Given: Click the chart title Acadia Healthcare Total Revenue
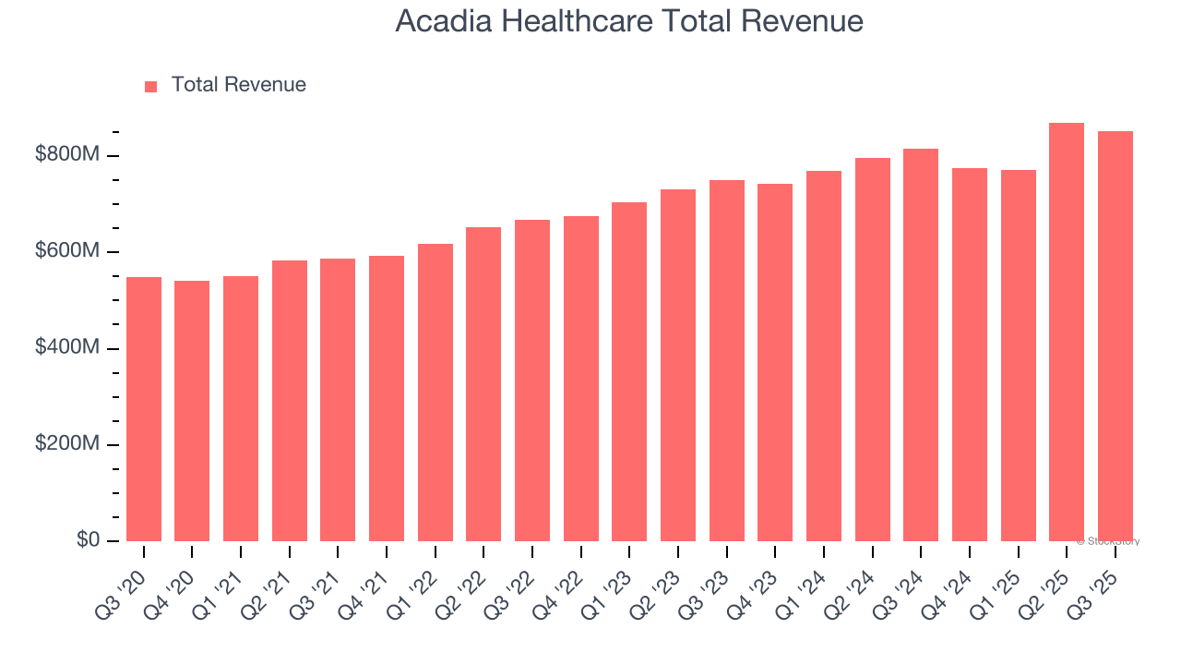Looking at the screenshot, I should pos(629,21).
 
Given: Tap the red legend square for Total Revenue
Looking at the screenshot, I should pos(151,86).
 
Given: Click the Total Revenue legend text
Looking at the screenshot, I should pos(238,85).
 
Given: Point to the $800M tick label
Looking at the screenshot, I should pos(66,155).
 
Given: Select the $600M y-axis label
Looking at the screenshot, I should pos(66,251).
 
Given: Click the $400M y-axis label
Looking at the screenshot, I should pos(66,348).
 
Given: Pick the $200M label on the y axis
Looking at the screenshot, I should pos(66,444).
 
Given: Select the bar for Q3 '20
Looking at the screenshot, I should pos(144,409).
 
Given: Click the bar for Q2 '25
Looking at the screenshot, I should pos(1067,332).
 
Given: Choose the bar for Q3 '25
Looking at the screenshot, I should pos(1115,336).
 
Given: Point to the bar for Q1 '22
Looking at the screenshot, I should pos(435,393).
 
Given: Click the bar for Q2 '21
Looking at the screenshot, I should pos(290,401).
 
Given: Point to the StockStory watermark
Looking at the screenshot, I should pos(1108,541).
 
